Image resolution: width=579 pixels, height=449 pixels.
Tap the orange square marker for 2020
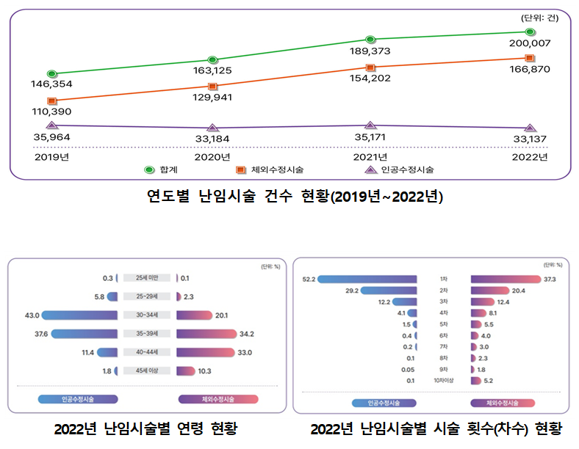(212, 87)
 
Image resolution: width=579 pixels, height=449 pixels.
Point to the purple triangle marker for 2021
(371, 125)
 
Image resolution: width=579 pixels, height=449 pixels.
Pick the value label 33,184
(212, 138)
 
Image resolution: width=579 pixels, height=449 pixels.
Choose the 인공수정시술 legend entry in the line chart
(400, 169)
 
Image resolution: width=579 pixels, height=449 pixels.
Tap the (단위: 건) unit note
(539, 18)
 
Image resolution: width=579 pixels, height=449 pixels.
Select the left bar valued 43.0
(80, 315)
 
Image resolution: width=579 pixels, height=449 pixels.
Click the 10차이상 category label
(443, 381)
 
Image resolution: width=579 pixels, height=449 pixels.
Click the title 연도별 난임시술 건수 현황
(294, 197)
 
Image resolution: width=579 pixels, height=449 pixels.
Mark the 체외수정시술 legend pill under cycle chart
(502, 403)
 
